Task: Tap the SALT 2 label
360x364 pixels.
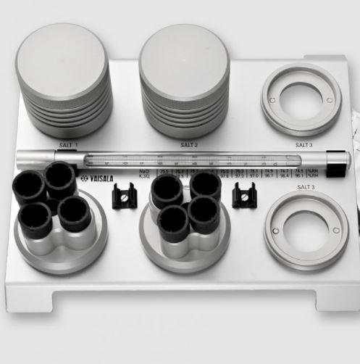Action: [x=190, y=145]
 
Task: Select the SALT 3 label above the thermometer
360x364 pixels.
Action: [x=305, y=145]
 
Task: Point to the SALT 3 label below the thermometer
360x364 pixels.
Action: [x=305, y=186]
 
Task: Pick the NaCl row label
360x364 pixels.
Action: [x=143, y=172]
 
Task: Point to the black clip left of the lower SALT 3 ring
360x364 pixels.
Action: [x=243, y=195]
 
